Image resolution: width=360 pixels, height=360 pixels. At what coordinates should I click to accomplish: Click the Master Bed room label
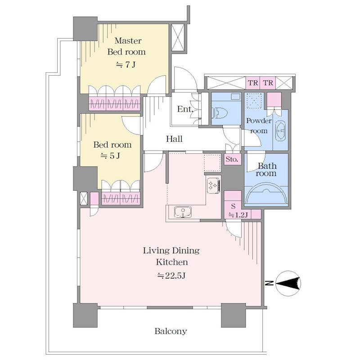click(126, 46)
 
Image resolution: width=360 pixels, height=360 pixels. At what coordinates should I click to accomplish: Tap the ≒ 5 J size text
click(110, 156)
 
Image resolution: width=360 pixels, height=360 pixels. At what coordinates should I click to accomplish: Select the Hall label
click(174, 139)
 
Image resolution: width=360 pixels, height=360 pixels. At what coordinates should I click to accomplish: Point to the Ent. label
click(184, 109)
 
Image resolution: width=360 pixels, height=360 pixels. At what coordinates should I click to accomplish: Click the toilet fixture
click(220, 113)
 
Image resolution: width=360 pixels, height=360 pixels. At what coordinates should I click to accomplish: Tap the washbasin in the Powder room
click(280, 130)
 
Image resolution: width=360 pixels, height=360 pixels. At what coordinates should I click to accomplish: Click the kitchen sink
click(183, 212)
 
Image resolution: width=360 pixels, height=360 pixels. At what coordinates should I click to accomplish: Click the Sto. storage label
click(232, 159)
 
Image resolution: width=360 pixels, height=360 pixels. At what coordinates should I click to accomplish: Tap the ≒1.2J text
click(238, 215)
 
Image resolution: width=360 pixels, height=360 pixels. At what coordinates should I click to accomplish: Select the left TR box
click(253, 83)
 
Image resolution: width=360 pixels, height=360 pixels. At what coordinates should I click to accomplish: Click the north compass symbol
click(288, 283)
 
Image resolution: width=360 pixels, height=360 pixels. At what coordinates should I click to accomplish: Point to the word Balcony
click(171, 331)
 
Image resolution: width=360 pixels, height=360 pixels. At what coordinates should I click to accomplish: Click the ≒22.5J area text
click(171, 275)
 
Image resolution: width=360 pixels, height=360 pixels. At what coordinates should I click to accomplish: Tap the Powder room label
click(259, 126)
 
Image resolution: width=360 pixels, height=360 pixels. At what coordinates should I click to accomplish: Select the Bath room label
click(266, 170)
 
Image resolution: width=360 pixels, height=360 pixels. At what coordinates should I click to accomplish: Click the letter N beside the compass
click(269, 283)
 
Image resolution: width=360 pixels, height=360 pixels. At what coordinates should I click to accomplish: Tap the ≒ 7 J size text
click(126, 65)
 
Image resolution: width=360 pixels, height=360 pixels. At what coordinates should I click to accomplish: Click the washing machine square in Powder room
click(254, 100)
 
